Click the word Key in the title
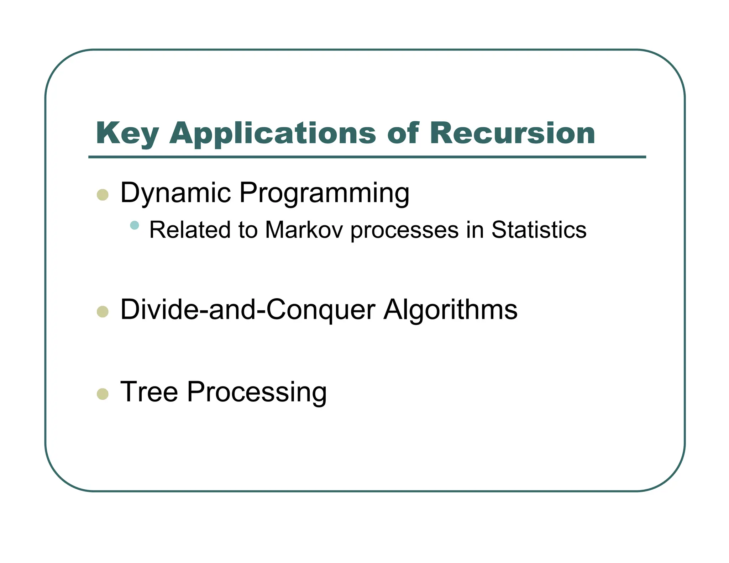coord(127,134)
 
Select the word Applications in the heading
coord(272,134)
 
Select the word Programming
coord(324,194)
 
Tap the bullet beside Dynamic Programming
coord(103,195)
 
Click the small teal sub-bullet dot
coord(135,225)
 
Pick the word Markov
coord(304,230)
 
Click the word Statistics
coord(539,230)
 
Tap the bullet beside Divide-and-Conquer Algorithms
coord(103,312)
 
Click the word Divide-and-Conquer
coord(248,310)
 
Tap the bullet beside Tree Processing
coord(103,394)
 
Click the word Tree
coord(149,392)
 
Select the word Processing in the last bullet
coord(257,393)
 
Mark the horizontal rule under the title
coord(367,157)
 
